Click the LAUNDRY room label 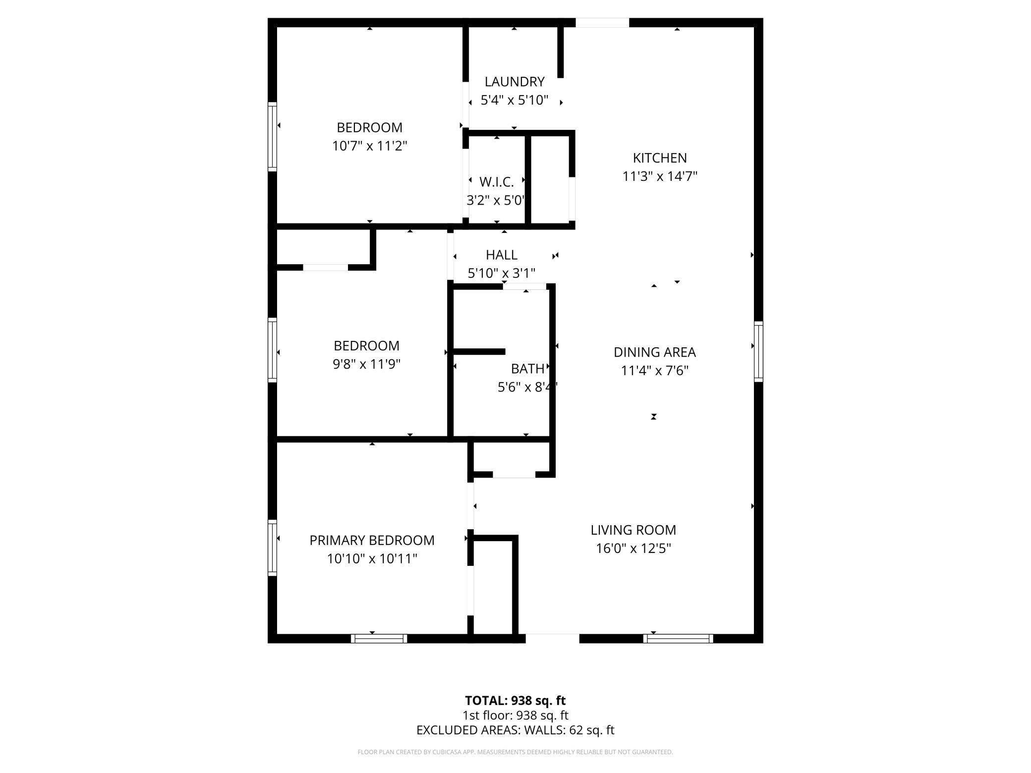pyautogui.click(x=515, y=82)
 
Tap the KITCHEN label pyautogui.click(x=660, y=158)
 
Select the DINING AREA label pyautogui.click(x=654, y=352)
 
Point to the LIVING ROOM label pyautogui.click(x=633, y=530)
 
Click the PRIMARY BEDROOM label pyautogui.click(x=372, y=541)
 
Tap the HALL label pyautogui.click(x=502, y=255)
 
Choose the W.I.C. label pyautogui.click(x=496, y=182)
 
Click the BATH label pyautogui.click(x=527, y=369)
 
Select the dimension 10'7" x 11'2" pyautogui.click(x=369, y=146)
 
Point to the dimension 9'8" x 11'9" pyautogui.click(x=366, y=364)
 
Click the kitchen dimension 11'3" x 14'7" pyautogui.click(x=660, y=176)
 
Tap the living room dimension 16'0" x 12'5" pyautogui.click(x=633, y=549)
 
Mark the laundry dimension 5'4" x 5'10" pyautogui.click(x=515, y=100)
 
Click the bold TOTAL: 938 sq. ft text pyautogui.click(x=515, y=701)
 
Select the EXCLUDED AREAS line pyautogui.click(x=515, y=730)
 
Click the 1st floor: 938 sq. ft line pyautogui.click(x=515, y=716)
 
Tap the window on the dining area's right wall pyautogui.click(x=758, y=351)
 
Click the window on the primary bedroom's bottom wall pyautogui.click(x=379, y=639)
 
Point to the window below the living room pyautogui.click(x=678, y=639)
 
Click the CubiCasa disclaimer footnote pyautogui.click(x=515, y=752)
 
